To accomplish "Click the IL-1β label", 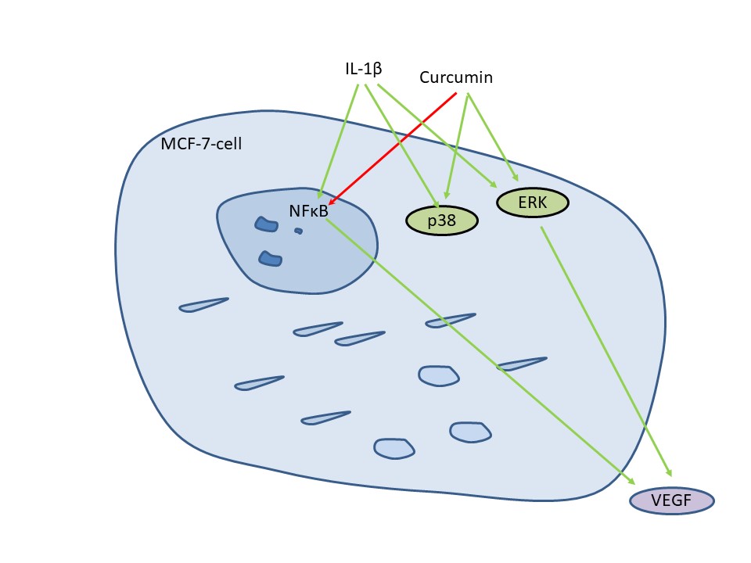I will coord(363,69).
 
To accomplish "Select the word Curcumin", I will coord(456,77).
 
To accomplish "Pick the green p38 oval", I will coord(442,221).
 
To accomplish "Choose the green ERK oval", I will coord(533,203).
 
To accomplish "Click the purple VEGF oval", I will coord(672,501).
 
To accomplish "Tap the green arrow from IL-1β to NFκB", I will coord(340,137).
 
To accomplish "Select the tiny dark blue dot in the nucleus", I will coord(298,231).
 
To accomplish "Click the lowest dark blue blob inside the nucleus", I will coord(270,258).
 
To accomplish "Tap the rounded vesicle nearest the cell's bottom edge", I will coord(393,448).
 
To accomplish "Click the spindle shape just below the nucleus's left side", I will coord(203,304).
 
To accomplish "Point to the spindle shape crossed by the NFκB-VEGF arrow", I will coord(521,364).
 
